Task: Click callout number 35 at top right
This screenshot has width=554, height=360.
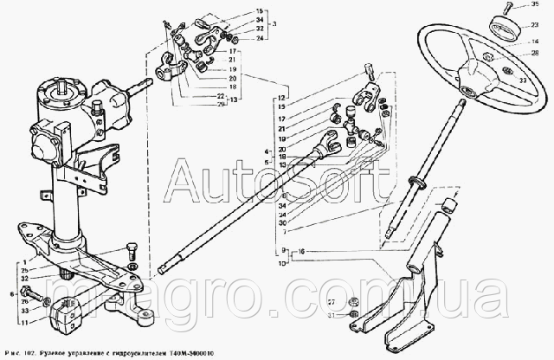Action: click(x=535, y=7)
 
